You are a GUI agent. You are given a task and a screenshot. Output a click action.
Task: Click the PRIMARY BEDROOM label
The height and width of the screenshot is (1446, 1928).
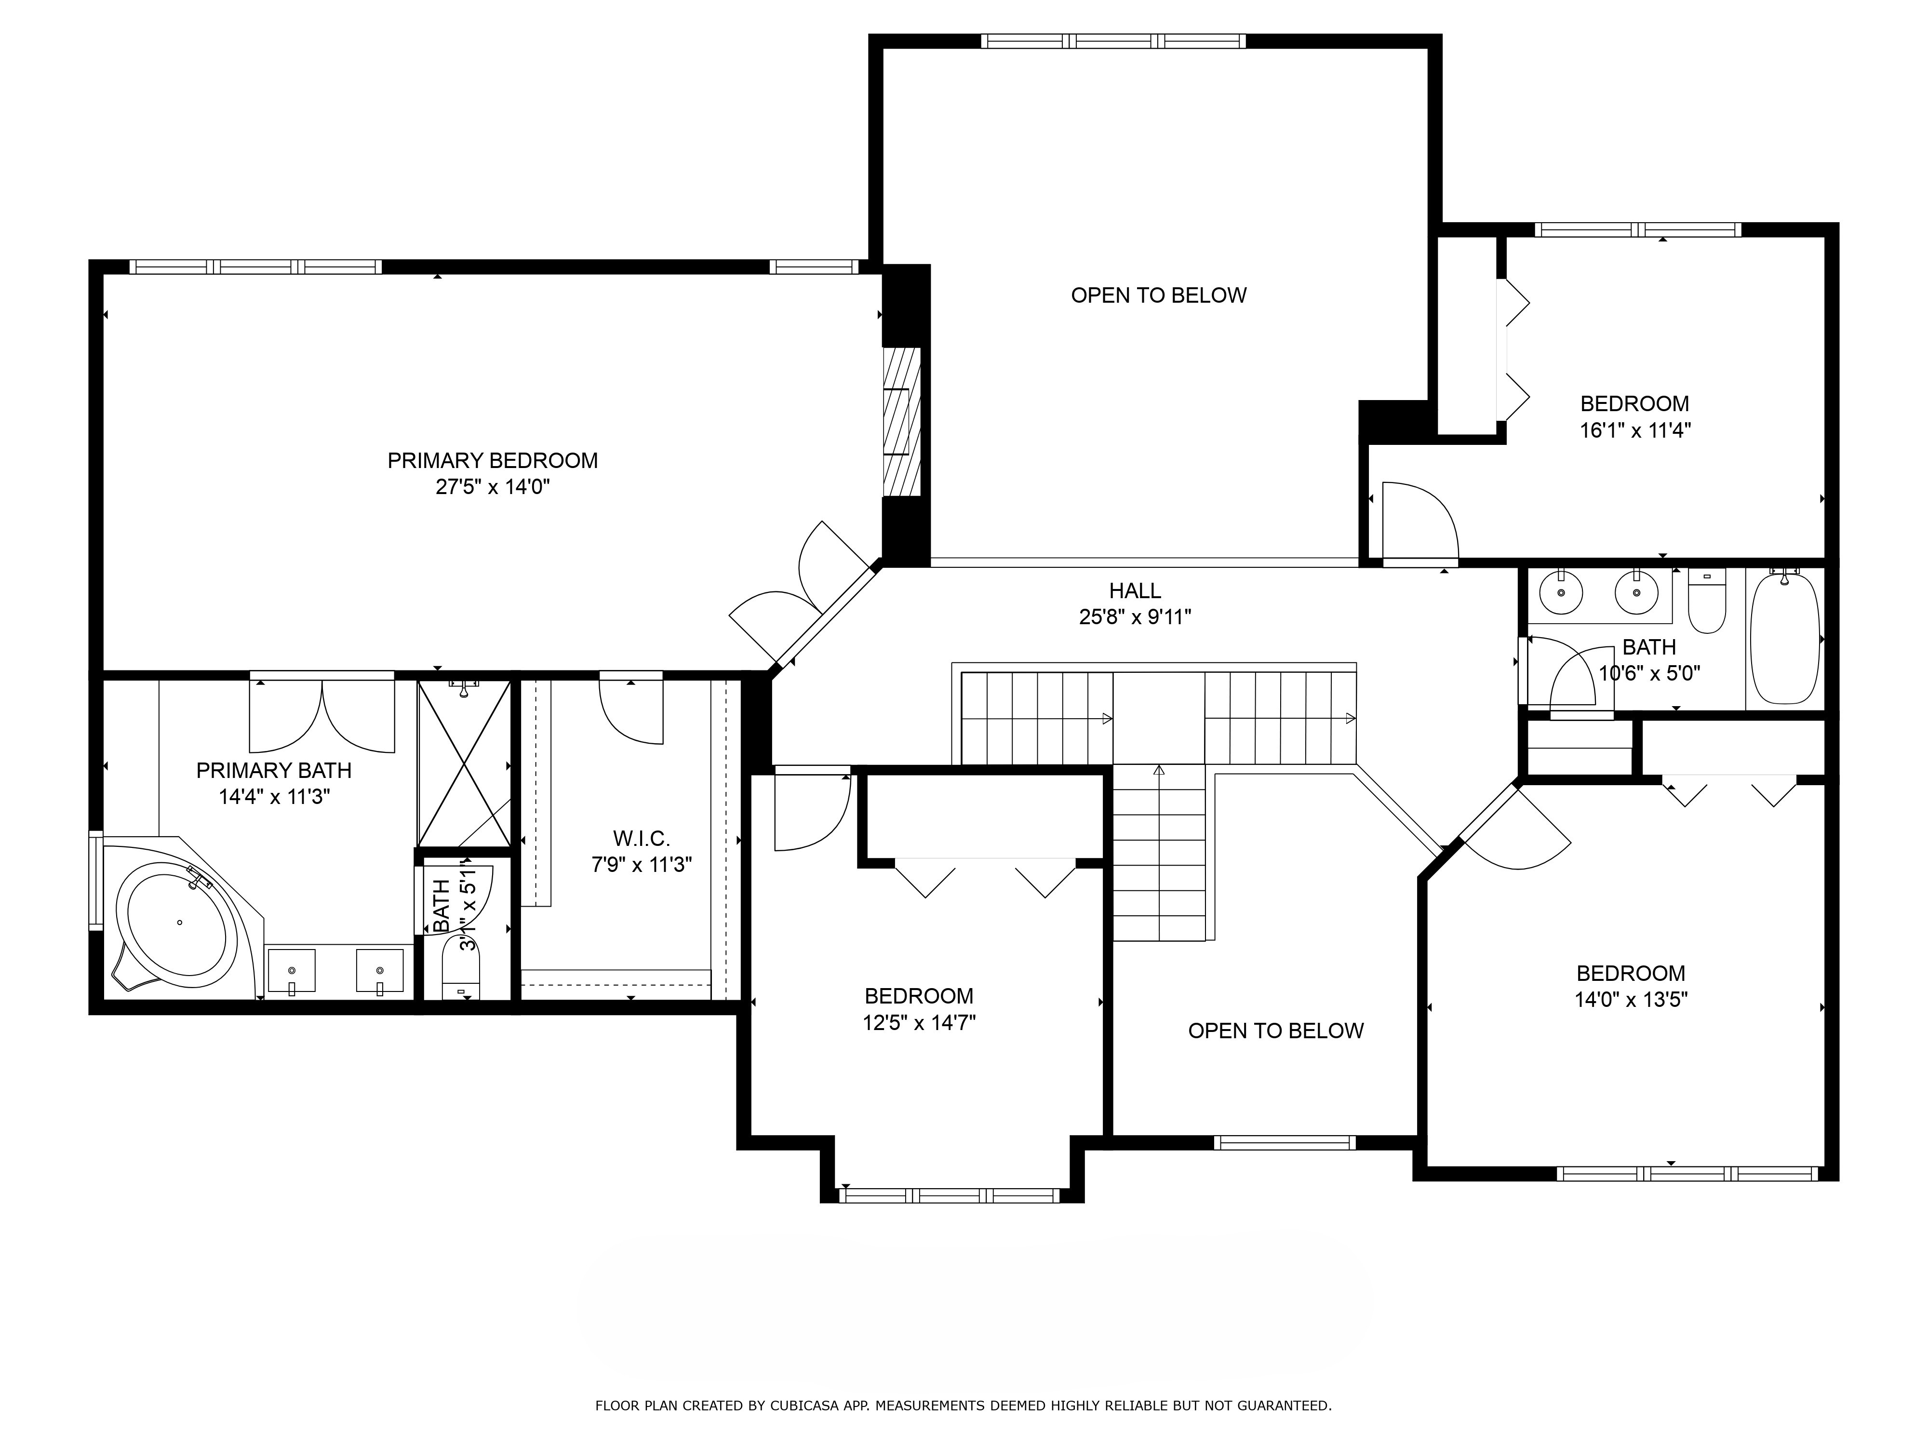493,460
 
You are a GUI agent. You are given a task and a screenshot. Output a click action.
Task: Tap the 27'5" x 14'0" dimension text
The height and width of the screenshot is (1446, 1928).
493,486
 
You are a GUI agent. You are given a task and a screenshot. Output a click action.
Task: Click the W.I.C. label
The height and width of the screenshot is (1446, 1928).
642,839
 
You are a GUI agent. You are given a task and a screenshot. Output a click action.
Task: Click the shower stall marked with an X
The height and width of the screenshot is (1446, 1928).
464,763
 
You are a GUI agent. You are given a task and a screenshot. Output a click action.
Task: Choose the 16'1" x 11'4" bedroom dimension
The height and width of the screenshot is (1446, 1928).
1635,430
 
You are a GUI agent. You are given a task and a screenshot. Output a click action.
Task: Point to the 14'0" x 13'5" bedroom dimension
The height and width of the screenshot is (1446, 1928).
1631,999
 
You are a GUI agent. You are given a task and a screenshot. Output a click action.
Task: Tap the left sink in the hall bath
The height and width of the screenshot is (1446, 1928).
1560,593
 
